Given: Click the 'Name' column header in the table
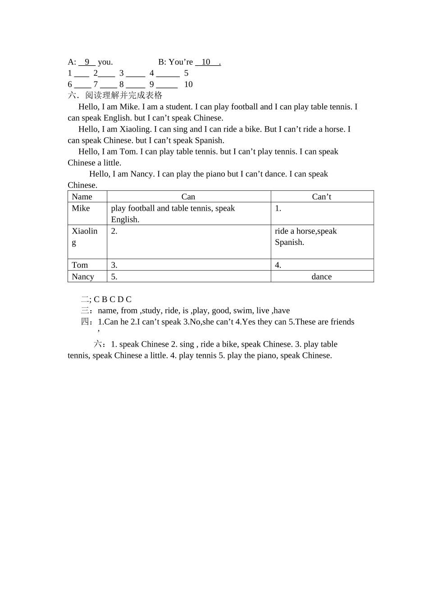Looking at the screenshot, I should (82, 197).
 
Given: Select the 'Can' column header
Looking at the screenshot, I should (188, 197).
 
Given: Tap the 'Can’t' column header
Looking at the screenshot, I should (322, 197).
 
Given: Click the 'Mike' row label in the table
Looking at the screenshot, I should (81, 208).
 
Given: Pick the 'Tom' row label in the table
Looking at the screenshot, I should (80, 265).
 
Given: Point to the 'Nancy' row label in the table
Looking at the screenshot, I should (83, 277).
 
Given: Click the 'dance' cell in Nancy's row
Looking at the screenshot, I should (322, 277).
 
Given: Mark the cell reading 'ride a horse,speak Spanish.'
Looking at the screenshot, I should (305, 237).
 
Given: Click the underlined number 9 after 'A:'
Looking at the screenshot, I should (87, 62).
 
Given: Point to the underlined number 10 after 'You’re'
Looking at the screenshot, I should (206, 62).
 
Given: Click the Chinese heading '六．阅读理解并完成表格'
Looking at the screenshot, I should (115, 95).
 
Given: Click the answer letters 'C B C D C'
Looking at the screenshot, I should (113, 299).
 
